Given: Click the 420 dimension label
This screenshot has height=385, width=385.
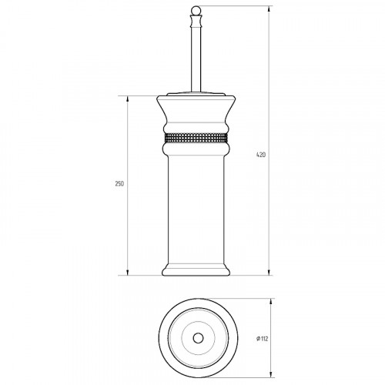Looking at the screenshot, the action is [261, 155].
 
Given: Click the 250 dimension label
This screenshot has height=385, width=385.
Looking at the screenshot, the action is [119, 184].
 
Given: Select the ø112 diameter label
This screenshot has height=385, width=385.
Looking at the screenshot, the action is [263, 339].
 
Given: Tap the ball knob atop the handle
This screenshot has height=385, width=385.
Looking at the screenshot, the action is [196, 11].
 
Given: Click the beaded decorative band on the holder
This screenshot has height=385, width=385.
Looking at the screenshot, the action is [196, 138].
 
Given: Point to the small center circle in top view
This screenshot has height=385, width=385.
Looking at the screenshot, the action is [198, 338].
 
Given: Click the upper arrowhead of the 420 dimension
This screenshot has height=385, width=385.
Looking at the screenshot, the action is [269, 9].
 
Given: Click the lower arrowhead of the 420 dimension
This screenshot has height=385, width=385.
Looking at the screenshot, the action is [269, 272].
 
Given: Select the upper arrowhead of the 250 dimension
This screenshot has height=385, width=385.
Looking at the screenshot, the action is [128, 99].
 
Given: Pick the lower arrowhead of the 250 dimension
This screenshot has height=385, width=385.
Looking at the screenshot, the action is [128, 272].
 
